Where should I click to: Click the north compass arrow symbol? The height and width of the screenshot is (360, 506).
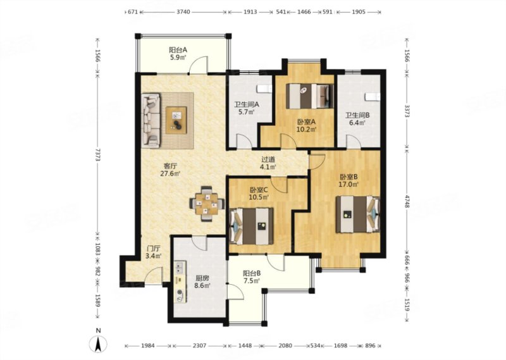click(x=99, y=344)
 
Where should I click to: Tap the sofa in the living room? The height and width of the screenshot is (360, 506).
click(x=151, y=121)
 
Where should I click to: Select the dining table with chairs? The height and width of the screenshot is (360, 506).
click(x=207, y=204)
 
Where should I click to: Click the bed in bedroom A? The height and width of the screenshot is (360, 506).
click(x=310, y=96)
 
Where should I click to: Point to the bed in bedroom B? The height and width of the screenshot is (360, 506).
click(x=357, y=214)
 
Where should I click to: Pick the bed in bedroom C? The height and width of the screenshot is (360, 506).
click(x=251, y=226)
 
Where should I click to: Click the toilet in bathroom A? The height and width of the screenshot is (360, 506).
click(x=264, y=89)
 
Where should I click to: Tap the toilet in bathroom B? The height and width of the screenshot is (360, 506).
click(x=373, y=97)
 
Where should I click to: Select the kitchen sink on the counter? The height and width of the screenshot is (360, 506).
click(x=180, y=267)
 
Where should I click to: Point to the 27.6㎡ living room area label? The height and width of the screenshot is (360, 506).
click(x=170, y=174)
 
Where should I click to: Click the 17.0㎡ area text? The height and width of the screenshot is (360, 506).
click(x=349, y=185)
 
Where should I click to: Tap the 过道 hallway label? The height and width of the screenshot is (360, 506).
click(x=268, y=159)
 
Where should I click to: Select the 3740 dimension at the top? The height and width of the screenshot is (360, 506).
click(x=183, y=12)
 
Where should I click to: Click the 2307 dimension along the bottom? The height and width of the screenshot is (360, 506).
click(x=199, y=346)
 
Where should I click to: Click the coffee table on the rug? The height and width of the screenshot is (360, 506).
click(x=176, y=120)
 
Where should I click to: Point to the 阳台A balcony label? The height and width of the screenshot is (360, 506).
click(x=178, y=50)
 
